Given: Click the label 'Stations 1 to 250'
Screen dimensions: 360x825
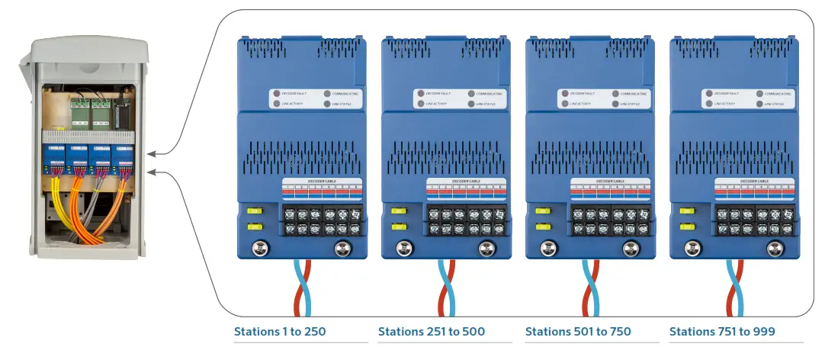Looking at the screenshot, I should pyautogui.click(x=280, y=332).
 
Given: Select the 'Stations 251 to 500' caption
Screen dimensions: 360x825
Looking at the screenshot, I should pyautogui.click(x=431, y=332).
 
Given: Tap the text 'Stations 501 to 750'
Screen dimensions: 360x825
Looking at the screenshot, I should pyautogui.click(x=578, y=332).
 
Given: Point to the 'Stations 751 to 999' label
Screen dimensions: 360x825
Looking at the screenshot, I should pyautogui.click(x=722, y=332).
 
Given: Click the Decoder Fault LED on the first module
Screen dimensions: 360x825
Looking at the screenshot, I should pyautogui.click(x=277, y=93).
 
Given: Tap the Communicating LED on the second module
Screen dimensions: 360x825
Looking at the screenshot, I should pyautogui.click(x=470, y=93).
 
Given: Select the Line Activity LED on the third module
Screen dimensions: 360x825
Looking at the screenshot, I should pyautogui.click(x=565, y=103).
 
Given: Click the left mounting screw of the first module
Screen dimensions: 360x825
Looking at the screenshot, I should pyautogui.click(x=260, y=247).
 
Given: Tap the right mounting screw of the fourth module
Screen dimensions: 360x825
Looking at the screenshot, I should pyautogui.click(x=775, y=247).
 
